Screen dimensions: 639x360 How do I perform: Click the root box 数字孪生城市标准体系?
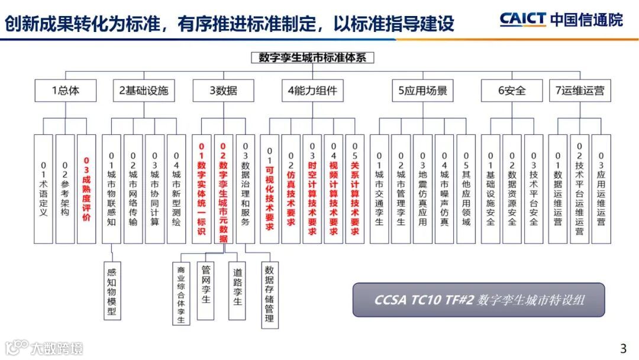312,58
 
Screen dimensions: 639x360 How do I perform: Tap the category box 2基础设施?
144,91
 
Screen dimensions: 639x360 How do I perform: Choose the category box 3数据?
223,91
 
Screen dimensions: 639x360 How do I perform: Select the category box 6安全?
511,91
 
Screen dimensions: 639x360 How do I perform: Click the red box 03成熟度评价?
86,189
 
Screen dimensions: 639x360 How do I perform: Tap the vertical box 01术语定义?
43,189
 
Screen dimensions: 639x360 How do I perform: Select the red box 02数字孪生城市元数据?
223,189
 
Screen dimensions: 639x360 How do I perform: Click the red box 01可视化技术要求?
269,189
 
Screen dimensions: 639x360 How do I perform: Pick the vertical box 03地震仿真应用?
422,189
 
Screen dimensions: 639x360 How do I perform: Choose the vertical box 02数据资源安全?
512,189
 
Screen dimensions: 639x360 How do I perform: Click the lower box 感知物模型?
112,290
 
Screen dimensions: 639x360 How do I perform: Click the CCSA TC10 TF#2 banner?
479,300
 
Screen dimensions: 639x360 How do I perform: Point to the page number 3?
622,348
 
